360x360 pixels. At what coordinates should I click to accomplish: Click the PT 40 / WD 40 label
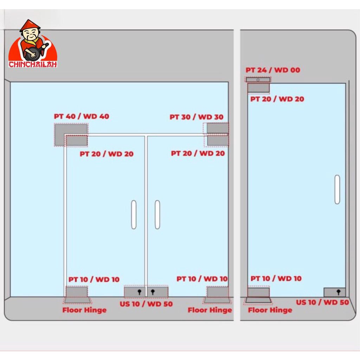(82, 116)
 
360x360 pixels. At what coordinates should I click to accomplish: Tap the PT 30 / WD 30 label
(197, 117)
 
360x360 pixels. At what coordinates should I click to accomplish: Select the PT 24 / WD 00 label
(273, 70)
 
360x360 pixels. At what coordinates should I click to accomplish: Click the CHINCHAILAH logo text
(33, 64)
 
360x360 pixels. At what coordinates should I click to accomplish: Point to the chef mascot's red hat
(30, 26)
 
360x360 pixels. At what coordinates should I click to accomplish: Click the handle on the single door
(337, 189)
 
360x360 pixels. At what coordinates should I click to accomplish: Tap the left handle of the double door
(134, 215)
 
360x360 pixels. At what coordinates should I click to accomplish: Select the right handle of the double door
(157, 215)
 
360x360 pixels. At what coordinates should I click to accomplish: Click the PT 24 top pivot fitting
(258, 80)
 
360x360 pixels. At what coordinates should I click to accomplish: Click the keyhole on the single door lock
(339, 292)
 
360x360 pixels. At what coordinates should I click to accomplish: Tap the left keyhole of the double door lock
(139, 292)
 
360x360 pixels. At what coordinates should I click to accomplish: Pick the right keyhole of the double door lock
(153, 292)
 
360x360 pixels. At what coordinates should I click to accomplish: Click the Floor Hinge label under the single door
(270, 310)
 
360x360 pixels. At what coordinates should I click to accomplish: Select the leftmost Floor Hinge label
(84, 310)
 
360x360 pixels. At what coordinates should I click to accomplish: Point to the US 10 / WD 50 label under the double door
(146, 304)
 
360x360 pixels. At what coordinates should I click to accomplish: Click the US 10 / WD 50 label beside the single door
(322, 302)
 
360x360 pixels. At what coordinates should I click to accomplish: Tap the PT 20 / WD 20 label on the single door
(277, 99)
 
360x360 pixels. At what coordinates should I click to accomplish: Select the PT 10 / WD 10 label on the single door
(276, 278)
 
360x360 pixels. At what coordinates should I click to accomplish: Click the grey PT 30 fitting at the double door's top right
(217, 128)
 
